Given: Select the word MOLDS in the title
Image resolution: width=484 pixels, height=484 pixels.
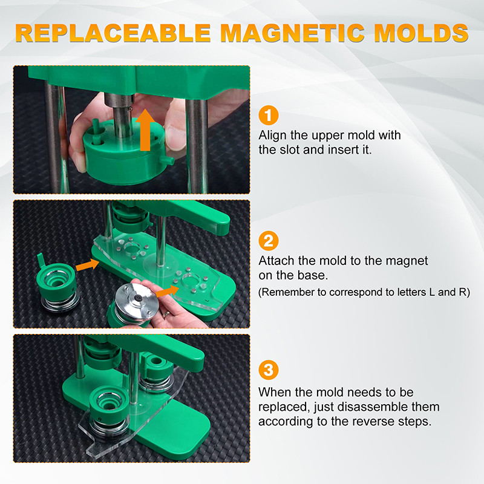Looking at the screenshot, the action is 421,33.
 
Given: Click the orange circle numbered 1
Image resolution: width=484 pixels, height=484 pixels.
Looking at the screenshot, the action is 269,115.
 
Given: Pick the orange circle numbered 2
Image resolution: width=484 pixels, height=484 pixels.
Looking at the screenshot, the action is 269,241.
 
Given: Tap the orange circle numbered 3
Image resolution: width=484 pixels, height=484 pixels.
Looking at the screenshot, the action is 269,370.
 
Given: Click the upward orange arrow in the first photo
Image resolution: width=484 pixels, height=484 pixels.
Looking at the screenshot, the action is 145,130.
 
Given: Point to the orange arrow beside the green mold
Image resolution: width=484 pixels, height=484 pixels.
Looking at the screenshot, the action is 87,265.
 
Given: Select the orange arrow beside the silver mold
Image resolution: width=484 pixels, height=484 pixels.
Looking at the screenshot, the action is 168,291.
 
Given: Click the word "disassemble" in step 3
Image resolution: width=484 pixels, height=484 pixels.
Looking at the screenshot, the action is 381,407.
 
